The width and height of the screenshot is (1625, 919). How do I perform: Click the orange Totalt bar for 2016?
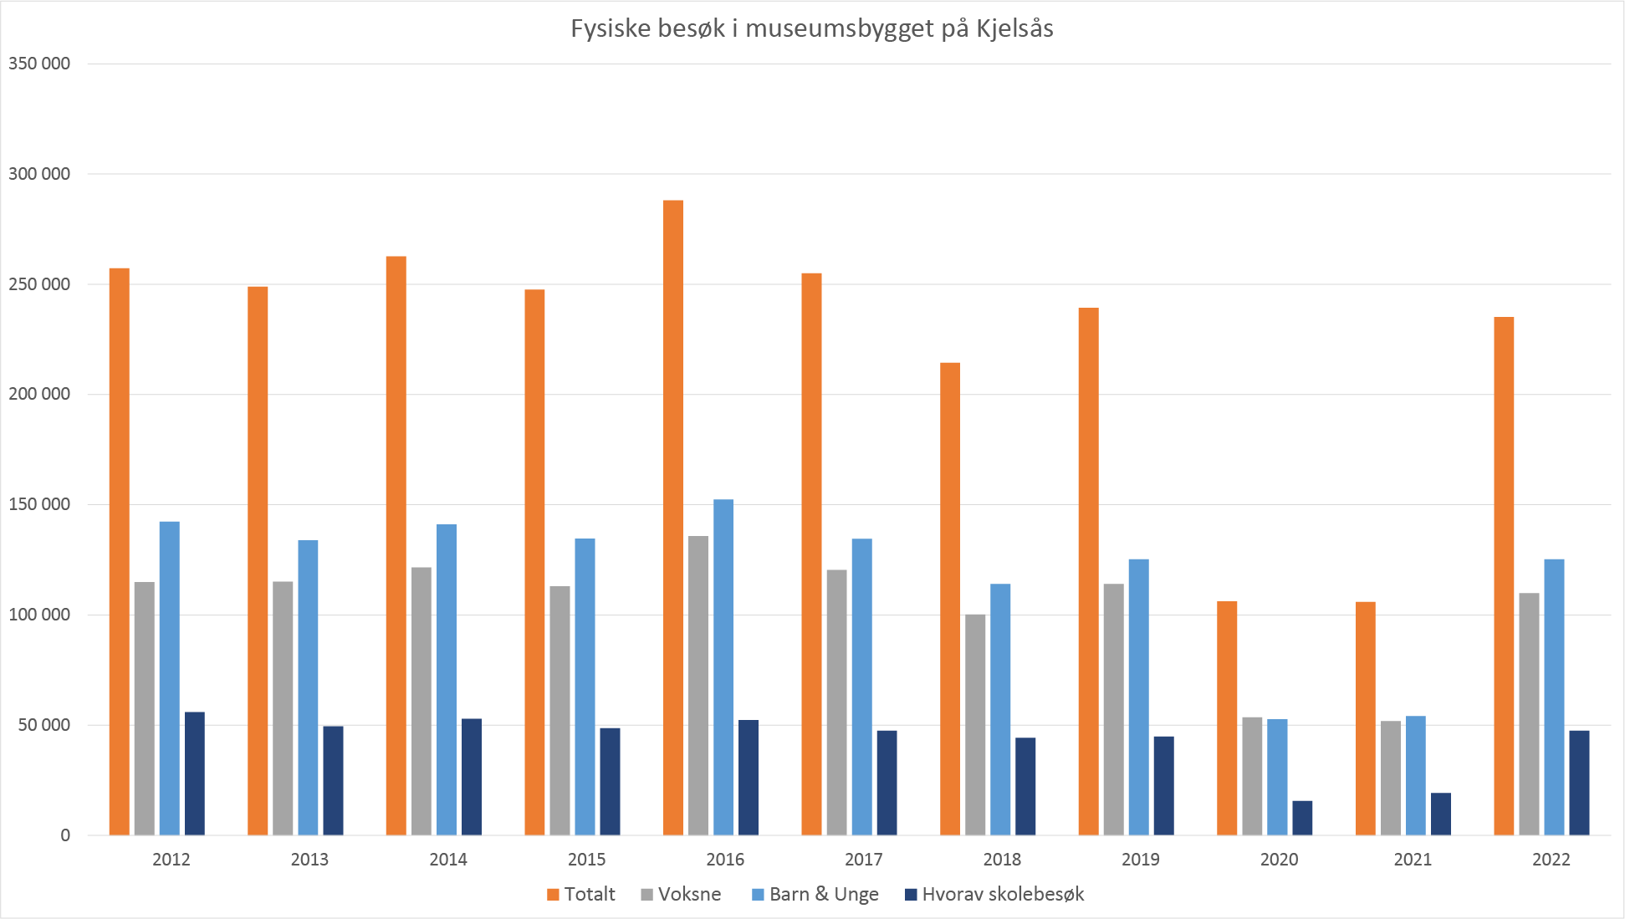coord(673,518)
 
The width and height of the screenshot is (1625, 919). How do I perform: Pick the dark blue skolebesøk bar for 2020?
coord(1302,818)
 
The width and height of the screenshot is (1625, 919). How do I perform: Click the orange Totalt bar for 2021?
coord(1365,718)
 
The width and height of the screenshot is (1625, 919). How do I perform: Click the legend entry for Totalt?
coord(581,894)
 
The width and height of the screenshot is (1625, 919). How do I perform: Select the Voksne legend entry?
coord(681,894)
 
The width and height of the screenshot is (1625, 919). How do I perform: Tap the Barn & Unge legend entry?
coord(815,894)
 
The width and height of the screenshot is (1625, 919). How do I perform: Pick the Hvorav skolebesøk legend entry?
coord(995,894)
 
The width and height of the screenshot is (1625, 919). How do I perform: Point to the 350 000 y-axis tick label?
coord(39,64)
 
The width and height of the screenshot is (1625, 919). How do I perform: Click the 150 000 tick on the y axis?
coord(39,504)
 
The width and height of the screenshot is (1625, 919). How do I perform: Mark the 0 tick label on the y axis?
coord(65,835)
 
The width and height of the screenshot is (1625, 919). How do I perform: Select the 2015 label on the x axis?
coord(586,860)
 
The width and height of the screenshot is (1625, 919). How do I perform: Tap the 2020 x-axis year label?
coord(1279,860)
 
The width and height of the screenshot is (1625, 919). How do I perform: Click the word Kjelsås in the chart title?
coord(1014,29)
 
